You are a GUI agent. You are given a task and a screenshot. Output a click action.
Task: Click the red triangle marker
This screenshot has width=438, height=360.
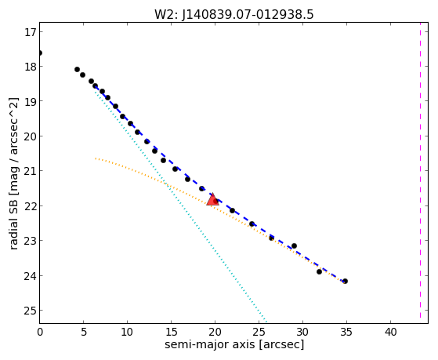click(x=213, y=199)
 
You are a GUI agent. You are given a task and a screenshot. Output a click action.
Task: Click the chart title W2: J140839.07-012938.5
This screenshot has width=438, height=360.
click(x=234, y=15)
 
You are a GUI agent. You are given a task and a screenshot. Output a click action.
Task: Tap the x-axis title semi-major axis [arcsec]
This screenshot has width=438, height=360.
click(x=234, y=344)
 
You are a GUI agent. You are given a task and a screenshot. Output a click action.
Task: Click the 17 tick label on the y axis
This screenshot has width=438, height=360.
click(x=31, y=32)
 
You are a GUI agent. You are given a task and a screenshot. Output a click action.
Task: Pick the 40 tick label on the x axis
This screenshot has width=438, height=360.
click(x=390, y=332)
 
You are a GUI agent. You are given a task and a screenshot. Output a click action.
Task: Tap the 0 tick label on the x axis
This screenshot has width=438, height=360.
click(x=40, y=332)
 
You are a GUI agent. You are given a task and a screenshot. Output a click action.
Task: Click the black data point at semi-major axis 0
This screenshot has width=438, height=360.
click(x=40, y=53)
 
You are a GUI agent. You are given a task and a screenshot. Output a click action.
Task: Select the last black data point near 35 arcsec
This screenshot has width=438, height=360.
click(x=345, y=281)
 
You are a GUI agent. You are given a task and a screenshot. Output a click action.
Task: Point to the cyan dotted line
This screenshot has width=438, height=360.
click(x=181, y=206)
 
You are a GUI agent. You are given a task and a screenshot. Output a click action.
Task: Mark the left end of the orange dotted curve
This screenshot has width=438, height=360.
click(x=96, y=158)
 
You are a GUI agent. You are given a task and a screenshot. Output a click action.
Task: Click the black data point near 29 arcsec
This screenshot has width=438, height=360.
click(x=294, y=245)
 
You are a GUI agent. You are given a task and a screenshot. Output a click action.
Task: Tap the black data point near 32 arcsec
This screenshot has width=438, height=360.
click(x=319, y=271)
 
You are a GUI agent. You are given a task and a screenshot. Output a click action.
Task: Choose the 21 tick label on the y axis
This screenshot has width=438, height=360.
click(x=31, y=171)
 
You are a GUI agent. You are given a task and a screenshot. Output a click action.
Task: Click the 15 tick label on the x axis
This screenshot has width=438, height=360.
click(x=172, y=332)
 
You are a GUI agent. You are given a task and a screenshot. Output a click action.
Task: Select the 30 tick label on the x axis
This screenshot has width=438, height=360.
click(x=302, y=332)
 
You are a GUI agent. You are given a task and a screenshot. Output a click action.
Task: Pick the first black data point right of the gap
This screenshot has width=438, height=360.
click(x=77, y=69)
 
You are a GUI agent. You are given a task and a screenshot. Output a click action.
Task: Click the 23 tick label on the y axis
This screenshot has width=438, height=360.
click(x=31, y=241)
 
